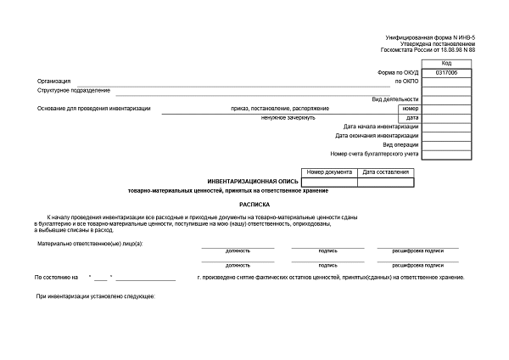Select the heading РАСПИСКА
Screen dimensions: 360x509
coord(254,204)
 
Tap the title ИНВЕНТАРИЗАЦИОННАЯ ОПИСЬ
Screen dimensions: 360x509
coord(254,181)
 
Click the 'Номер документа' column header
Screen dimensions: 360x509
coord(329,172)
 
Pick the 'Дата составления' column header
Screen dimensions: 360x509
coord(386,172)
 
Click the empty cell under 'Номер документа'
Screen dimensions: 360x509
coord(329,181)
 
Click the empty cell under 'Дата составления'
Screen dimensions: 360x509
coord(386,181)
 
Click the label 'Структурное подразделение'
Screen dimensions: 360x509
coord(74,90)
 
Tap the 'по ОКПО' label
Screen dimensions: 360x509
coord(407,82)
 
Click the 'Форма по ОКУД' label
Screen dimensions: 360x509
coord(398,73)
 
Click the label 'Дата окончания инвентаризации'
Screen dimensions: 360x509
coord(377,136)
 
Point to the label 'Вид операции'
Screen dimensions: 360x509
coord(400,145)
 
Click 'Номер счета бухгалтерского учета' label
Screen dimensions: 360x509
coord(374,154)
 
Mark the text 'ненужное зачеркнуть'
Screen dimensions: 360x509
coord(288,117)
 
